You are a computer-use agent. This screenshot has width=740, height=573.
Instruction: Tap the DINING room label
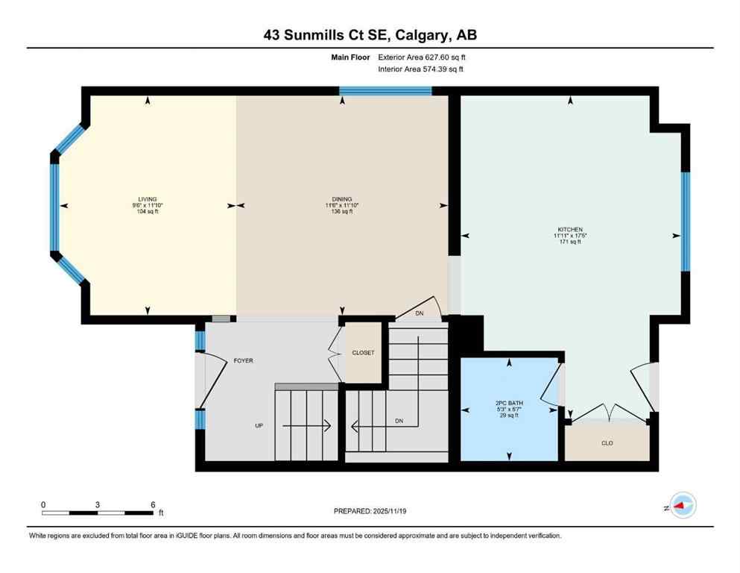(x=342, y=199)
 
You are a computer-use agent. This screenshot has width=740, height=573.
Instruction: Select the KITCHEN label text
(x=570, y=229)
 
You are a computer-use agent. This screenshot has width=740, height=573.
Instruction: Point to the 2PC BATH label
(x=510, y=403)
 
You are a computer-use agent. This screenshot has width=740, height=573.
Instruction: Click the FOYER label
(x=243, y=360)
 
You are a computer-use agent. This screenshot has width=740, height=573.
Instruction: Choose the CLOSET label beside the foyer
(x=364, y=353)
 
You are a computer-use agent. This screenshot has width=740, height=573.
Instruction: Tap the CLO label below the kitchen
(x=607, y=443)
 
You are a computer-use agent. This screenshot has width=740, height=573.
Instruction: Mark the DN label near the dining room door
(x=420, y=313)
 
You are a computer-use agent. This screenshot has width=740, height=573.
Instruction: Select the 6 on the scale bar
(x=153, y=504)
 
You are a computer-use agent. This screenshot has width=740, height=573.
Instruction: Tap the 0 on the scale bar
(x=43, y=504)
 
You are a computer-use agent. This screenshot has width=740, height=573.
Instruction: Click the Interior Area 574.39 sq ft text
(x=421, y=69)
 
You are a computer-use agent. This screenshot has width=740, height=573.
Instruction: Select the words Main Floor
(x=350, y=57)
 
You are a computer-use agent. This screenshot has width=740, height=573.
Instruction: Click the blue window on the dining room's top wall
(x=385, y=91)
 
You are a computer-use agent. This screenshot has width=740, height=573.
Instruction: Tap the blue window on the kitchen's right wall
(x=686, y=222)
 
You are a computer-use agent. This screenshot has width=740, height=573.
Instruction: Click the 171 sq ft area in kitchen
(x=570, y=242)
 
